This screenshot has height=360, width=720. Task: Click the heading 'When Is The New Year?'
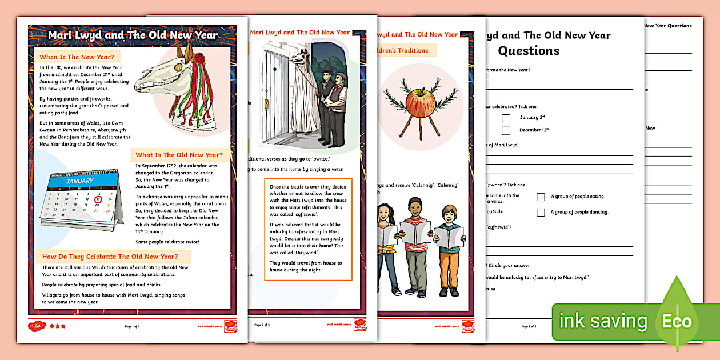coord(77,57)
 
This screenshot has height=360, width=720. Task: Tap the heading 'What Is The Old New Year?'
coord(179,155)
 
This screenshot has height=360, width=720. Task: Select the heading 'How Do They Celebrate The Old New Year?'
coord(110,257)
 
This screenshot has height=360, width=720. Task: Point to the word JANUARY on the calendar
coord(80,181)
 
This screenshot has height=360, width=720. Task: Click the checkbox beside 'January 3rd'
coord(506,118)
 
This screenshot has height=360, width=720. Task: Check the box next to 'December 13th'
coord(506,130)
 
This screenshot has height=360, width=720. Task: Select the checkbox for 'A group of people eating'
coord(541,197)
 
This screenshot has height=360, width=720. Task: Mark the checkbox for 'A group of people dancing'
coord(541,213)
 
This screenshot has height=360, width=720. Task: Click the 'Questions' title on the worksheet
coord(529,51)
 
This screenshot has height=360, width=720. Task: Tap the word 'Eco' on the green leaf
coord(677,321)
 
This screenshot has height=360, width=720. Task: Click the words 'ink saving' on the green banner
coord(603,321)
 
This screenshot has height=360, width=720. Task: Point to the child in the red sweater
coord(415,240)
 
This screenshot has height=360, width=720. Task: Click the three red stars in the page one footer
coord(57,326)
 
